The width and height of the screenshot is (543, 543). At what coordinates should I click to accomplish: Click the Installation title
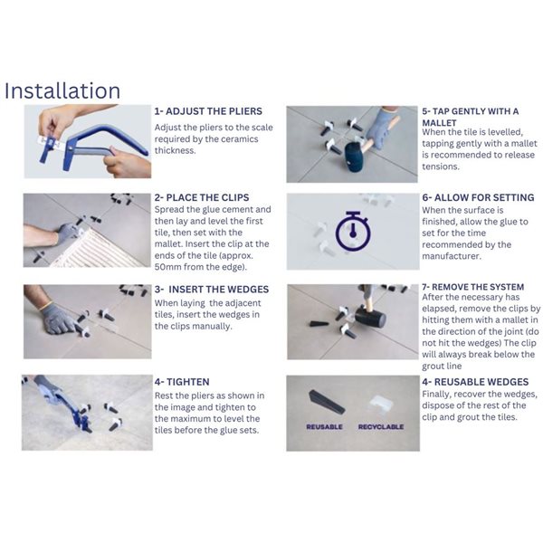62,90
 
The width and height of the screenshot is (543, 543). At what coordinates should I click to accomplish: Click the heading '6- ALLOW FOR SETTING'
477,197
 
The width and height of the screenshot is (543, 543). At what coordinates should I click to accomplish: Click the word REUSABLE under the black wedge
324,426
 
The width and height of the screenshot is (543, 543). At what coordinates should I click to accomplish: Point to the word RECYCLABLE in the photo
380,426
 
